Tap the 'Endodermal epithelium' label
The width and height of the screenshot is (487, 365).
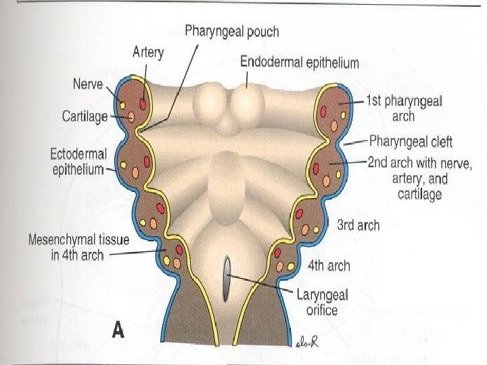click(300, 62)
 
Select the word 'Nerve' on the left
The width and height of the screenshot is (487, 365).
click(88, 84)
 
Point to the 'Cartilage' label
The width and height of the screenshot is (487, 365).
click(85, 116)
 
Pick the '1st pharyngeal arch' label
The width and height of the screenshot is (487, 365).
click(404, 108)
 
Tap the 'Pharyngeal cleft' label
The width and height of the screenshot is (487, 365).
click(411, 142)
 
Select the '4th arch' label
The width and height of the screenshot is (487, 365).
click(329, 266)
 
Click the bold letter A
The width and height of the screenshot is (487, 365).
click(119, 331)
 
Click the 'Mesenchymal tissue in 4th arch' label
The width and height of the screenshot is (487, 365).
click(66, 247)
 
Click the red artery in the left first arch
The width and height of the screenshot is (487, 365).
click(143, 103)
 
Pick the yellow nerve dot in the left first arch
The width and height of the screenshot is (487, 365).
click(122, 104)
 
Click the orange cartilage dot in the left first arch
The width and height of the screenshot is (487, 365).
click(132, 118)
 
